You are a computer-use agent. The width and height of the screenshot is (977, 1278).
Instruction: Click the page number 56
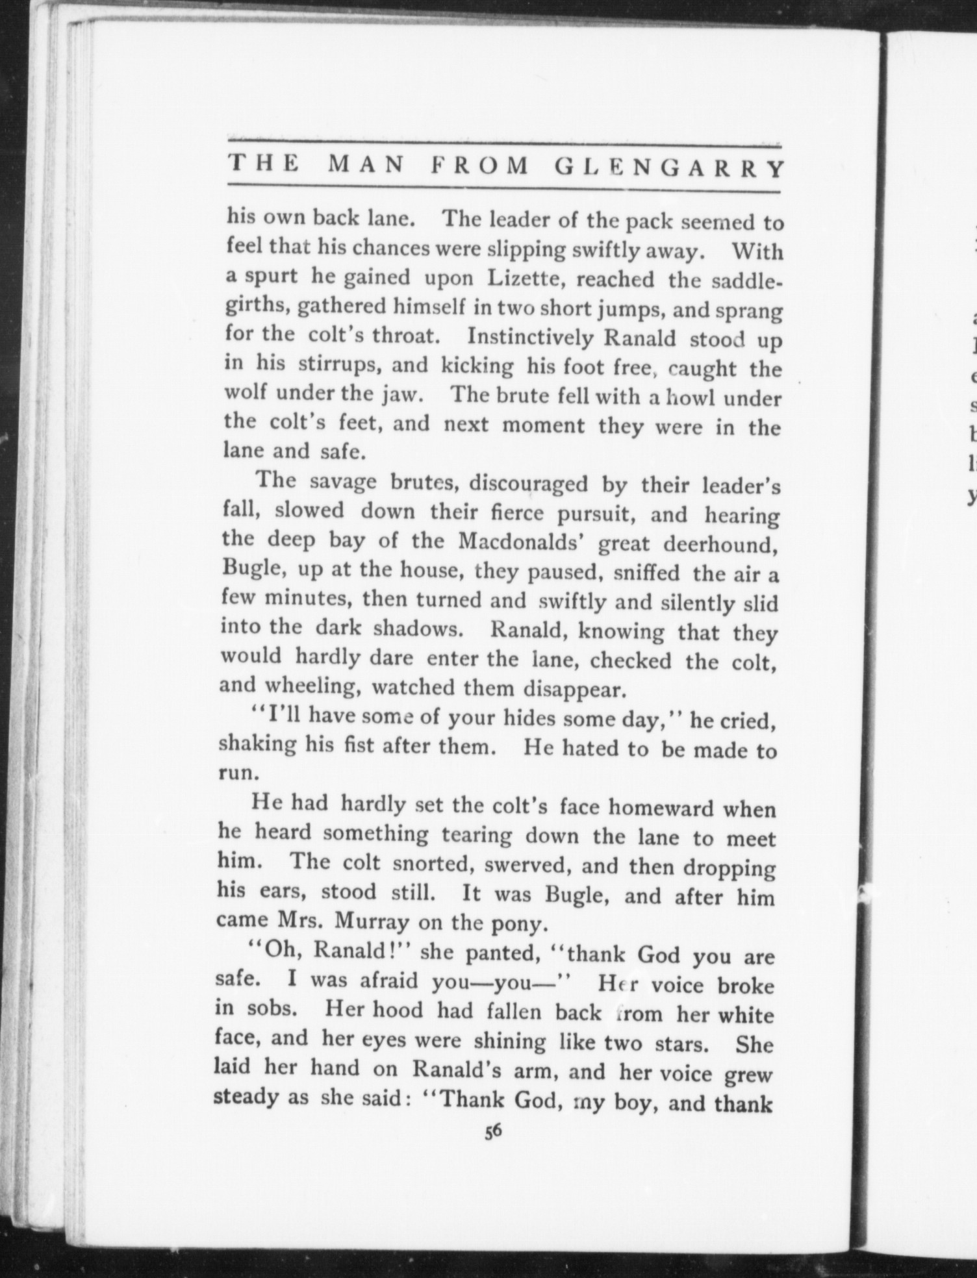[x=491, y=1131]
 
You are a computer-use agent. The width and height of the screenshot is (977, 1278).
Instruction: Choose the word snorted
[x=433, y=864]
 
